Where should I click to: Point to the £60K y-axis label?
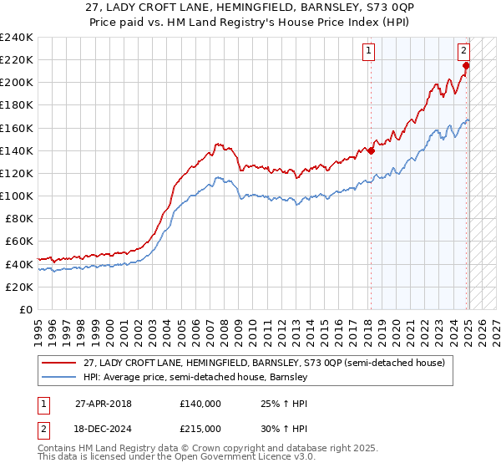(18, 241)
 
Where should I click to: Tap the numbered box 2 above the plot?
(464, 50)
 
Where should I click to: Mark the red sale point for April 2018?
(371, 151)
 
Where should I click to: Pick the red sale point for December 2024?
(466, 66)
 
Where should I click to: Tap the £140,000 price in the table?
(200, 403)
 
